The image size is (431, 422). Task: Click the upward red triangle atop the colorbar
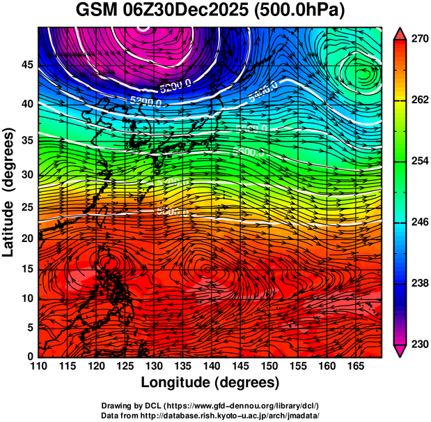[400, 33]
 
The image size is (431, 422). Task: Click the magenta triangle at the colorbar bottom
[400, 351]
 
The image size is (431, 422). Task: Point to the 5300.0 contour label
[145, 101]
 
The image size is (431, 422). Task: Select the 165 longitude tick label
[354, 366]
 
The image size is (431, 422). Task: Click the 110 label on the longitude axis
[38, 366]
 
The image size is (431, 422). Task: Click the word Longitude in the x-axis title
[177, 382]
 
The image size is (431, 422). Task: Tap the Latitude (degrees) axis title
[10, 191]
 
